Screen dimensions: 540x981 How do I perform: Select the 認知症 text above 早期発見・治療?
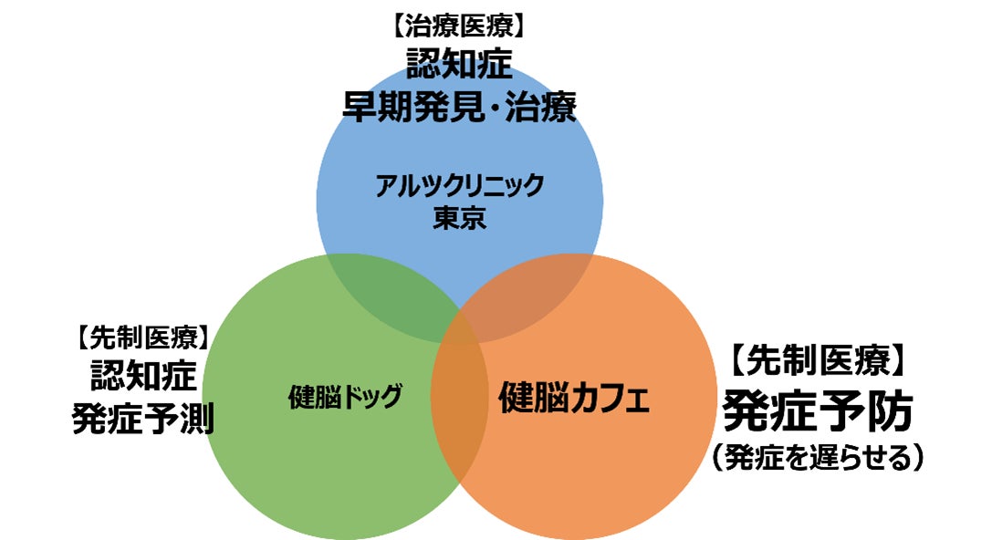click(x=459, y=65)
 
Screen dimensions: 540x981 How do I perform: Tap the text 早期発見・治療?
click(x=459, y=107)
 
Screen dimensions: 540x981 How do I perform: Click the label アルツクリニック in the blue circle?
click(x=459, y=186)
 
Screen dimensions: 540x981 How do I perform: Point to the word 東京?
click(x=459, y=219)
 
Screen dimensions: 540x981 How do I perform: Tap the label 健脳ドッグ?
click(x=345, y=397)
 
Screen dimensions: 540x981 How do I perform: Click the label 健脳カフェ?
click(x=574, y=399)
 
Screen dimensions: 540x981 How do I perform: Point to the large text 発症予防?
click(x=818, y=413)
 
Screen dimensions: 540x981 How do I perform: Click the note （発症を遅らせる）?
click(x=818, y=456)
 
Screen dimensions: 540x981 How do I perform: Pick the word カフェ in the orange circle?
click(x=612, y=399)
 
